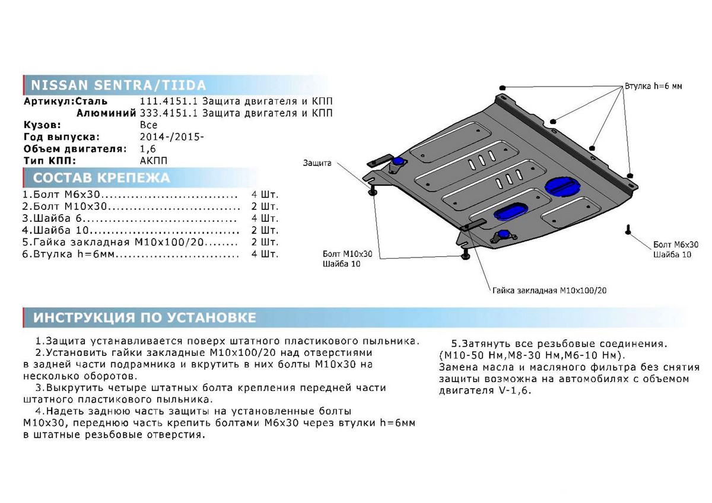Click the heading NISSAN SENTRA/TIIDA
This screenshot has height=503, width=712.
(118, 85)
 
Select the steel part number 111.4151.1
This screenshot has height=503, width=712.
(169, 101)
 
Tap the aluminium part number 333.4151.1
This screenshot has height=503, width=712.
(169, 113)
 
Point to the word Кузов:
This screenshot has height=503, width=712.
(42, 125)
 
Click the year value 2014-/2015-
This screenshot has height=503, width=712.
(171, 137)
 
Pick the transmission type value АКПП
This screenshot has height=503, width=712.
(154, 161)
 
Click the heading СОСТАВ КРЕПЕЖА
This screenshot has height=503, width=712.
(101, 177)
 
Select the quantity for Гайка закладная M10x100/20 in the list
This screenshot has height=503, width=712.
(265, 242)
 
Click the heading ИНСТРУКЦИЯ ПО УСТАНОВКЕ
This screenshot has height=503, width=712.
(145, 318)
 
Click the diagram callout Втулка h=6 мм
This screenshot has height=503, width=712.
(653, 86)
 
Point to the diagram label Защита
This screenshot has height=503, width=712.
(317, 163)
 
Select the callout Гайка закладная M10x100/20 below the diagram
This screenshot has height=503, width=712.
(549, 291)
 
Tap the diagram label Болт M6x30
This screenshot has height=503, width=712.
(676, 244)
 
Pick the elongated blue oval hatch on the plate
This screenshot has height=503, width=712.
(511, 211)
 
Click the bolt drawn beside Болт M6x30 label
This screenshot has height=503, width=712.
(628, 230)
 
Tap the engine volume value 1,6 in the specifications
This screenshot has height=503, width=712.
(148, 149)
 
